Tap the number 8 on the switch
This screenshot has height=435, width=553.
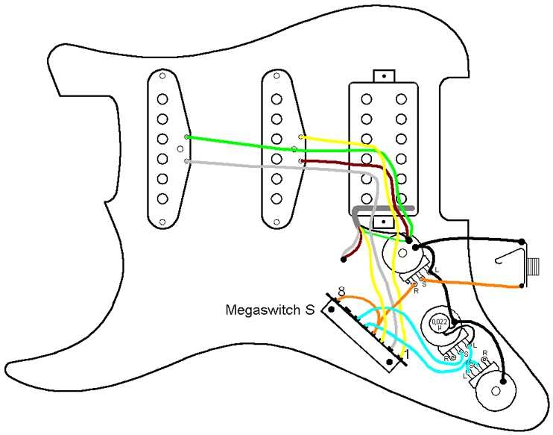tap(341, 291)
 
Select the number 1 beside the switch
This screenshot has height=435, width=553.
tap(406, 354)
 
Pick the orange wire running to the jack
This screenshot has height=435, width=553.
tap(477, 284)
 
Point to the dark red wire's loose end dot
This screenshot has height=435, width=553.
tap(344, 260)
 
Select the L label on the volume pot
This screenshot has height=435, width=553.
tap(437, 270)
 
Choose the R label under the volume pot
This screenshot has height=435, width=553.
tap(416, 290)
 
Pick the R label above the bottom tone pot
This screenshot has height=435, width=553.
tap(485, 351)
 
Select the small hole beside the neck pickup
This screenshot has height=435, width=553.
tap(179, 149)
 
